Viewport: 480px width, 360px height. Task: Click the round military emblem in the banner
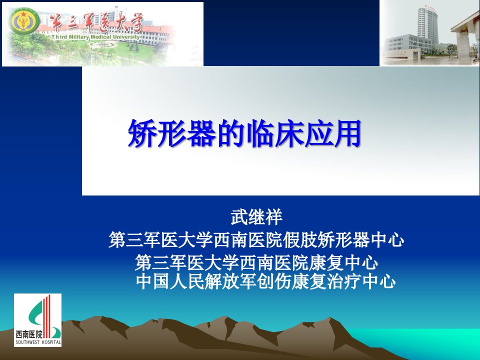(x=24, y=21)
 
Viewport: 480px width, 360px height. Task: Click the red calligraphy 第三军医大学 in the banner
(x=96, y=22)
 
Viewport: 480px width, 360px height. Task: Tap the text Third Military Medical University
(x=95, y=37)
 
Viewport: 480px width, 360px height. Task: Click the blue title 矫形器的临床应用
(x=244, y=133)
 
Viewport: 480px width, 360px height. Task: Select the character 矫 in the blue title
(x=142, y=133)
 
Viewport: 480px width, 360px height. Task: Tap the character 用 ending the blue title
(x=347, y=133)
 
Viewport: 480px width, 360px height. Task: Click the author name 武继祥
(x=256, y=217)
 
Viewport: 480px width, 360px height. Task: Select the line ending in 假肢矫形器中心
(x=256, y=239)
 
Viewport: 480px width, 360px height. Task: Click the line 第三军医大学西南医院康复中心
(x=256, y=262)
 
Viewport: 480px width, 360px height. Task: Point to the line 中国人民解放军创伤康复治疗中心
(x=265, y=281)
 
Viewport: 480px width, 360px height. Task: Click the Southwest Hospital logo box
(x=37, y=320)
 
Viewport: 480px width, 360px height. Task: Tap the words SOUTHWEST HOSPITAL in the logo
(x=38, y=342)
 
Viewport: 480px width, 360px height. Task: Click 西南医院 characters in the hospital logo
(x=29, y=334)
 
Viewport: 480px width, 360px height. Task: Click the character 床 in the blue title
(x=288, y=133)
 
